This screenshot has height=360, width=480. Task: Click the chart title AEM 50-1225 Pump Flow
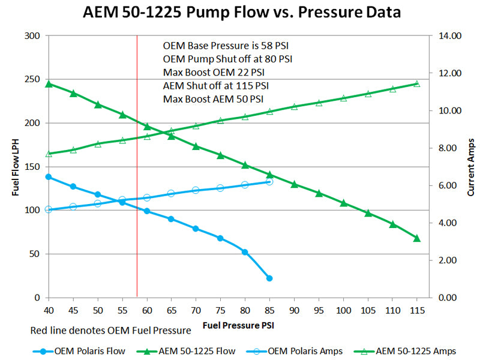[x=240, y=11]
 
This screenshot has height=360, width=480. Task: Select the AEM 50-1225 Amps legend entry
[x=413, y=351]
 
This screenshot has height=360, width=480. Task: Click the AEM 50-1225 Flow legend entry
[x=192, y=351]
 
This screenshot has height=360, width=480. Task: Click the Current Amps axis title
[x=470, y=167]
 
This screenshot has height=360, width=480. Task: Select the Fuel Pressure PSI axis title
[x=239, y=326]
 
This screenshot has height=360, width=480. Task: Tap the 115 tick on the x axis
[x=417, y=310]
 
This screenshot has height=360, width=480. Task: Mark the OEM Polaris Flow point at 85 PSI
[x=269, y=278]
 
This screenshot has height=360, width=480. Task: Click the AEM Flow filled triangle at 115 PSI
[x=417, y=238]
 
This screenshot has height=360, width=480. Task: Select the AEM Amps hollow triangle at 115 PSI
[x=417, y=84]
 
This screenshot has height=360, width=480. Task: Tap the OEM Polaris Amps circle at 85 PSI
[x=269, y=181]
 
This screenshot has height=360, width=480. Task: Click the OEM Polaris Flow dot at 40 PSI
[x=49, y=177]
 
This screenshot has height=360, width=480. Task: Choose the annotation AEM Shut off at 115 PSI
[x=216, y=85]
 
